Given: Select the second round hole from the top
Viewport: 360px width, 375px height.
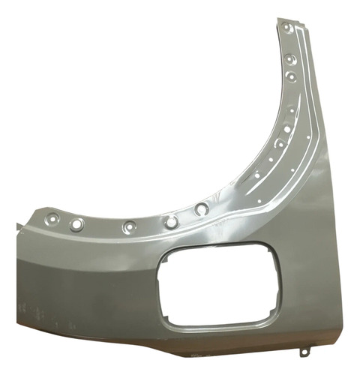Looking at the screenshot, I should pyautogui.click(x=291, y=58).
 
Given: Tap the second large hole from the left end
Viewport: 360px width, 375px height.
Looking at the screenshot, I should pyautogui.click(x=76, y=223).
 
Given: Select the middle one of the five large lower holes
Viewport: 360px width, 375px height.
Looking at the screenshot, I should pyautogui.click(x=129, y=225).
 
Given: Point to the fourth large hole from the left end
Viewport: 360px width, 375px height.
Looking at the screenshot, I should pyautogui.click(x=172, y=222).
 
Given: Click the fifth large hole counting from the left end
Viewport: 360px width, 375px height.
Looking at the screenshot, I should pyautogui.click(x=202, y=209).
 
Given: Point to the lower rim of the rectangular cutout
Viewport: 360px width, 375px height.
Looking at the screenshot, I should pyautogui.click(x=214, y=323).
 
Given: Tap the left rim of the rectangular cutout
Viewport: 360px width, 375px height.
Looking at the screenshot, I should pyautogui.click(x=159, y=289).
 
